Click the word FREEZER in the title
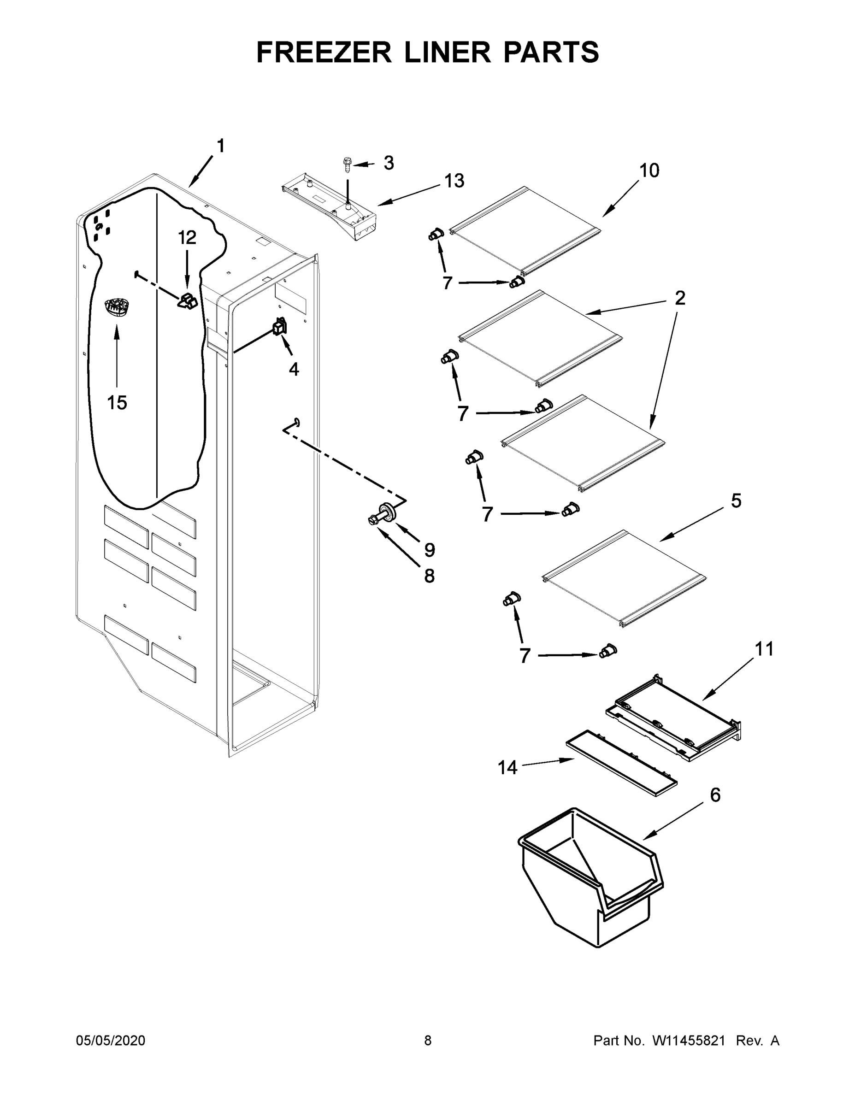coord(324,52)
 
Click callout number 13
coord(454,181)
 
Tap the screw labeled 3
coord(347,165)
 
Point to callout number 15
coord(117,403)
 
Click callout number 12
coord(187,237)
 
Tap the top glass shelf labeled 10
coord(525,230)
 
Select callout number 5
coord(736,501)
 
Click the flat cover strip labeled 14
coord(621,764)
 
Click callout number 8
coord(429,576)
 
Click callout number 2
coord(680,298)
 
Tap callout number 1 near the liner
coord(220,147)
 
